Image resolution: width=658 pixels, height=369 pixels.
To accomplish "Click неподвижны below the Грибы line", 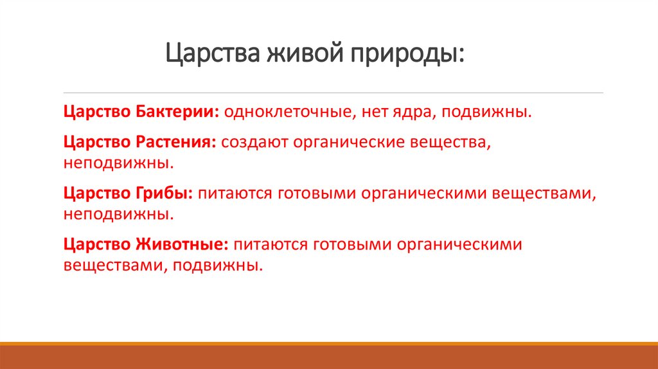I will [118, 213].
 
